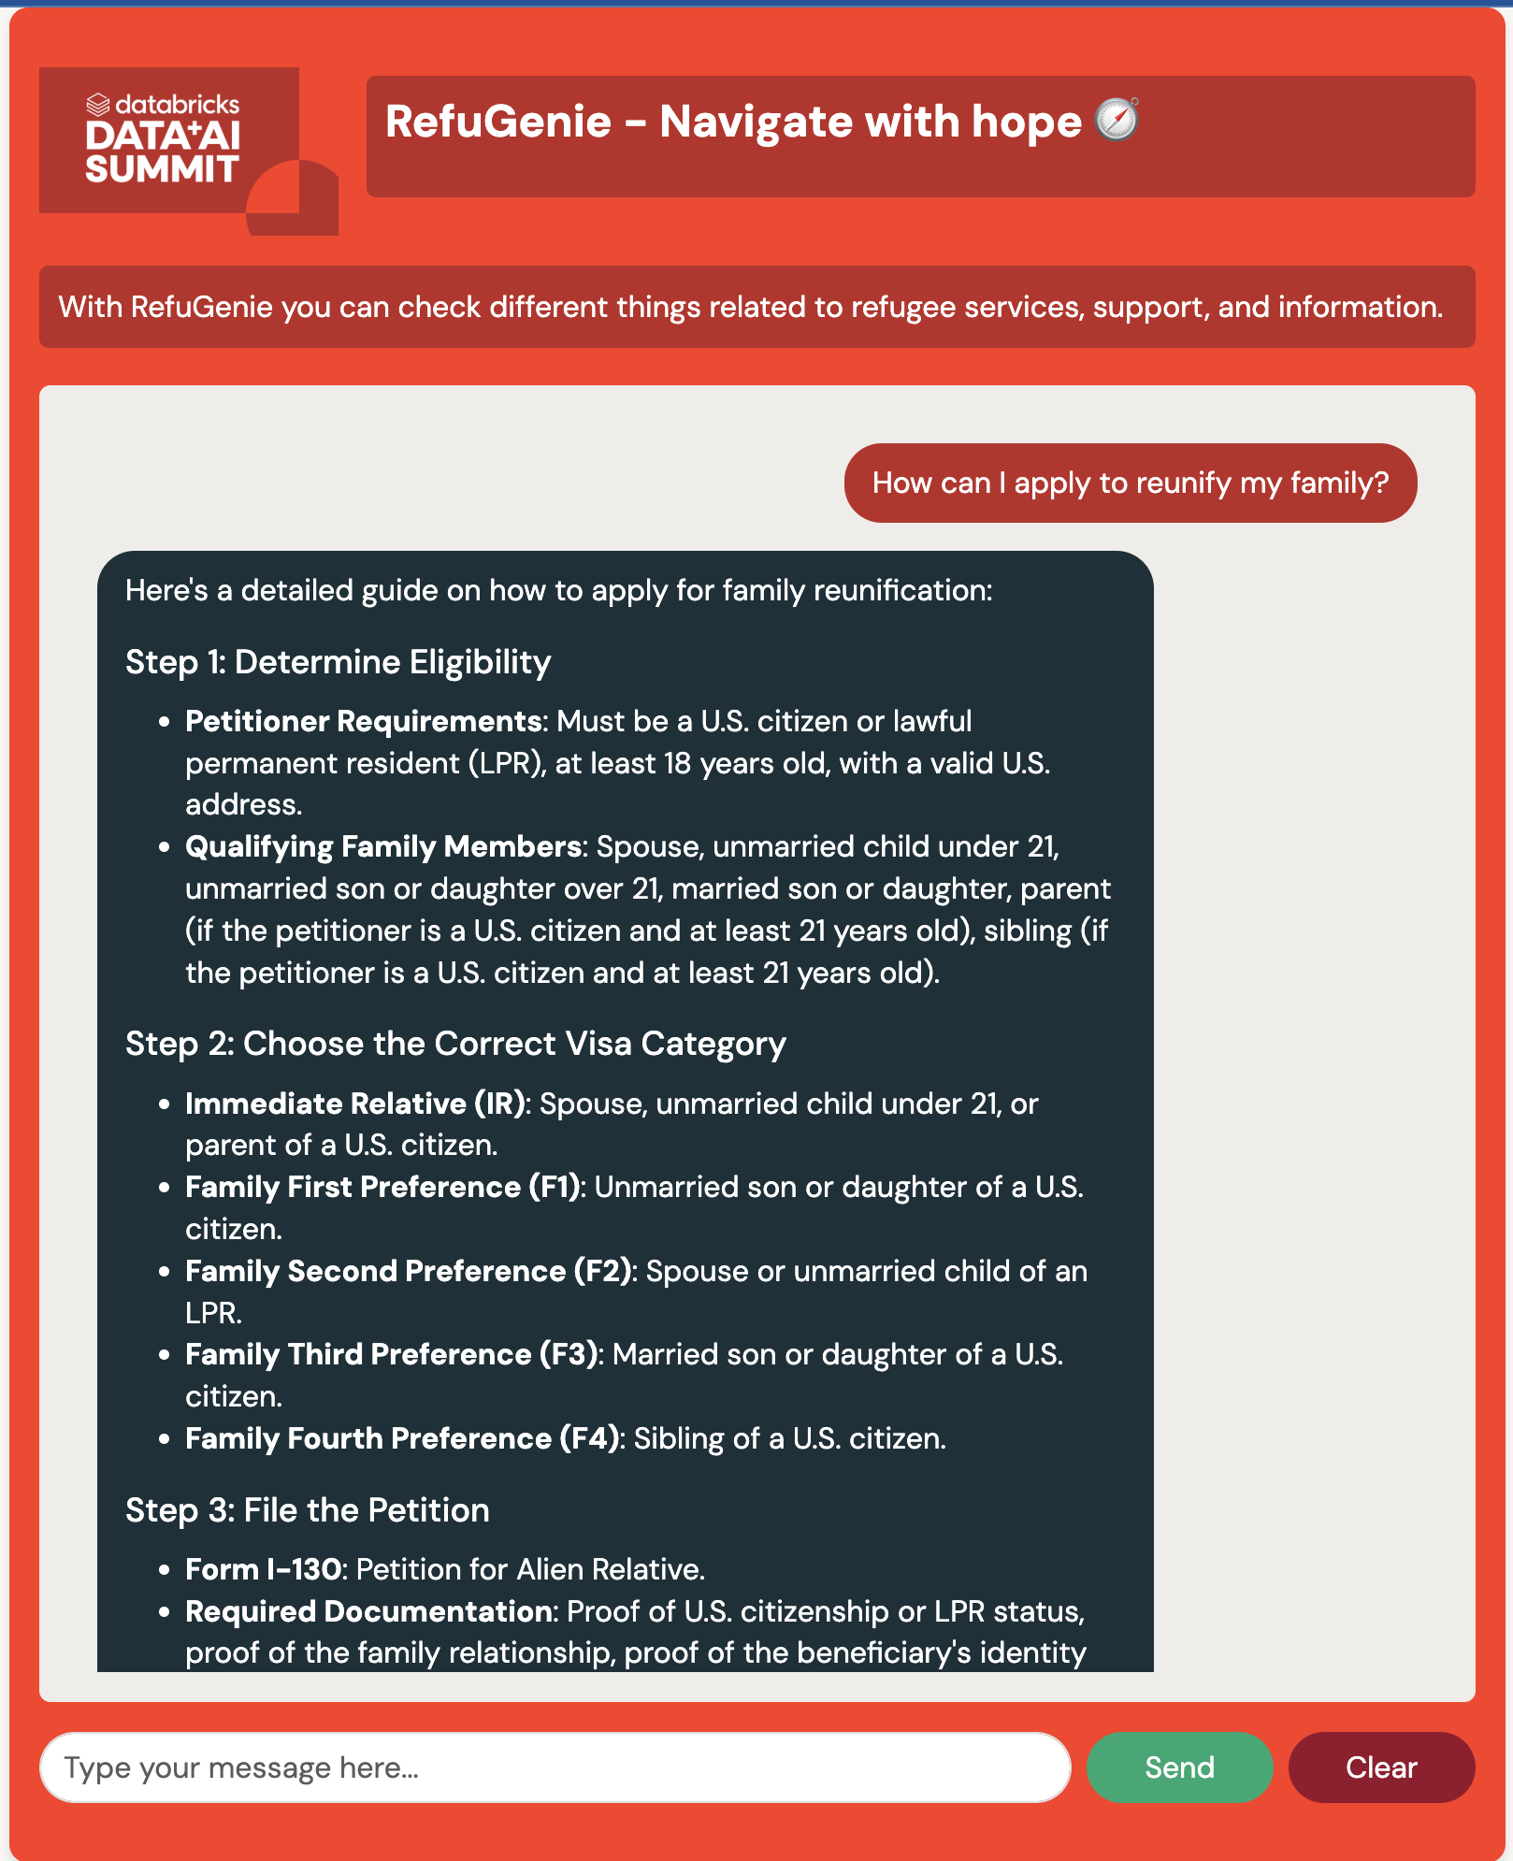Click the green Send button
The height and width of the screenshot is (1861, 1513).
(1178, 1767)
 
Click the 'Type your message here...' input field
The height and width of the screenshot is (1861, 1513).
(555, 1767)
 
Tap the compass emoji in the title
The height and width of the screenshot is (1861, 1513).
(1117, 120)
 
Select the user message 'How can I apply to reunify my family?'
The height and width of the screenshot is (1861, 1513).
(1130, 483)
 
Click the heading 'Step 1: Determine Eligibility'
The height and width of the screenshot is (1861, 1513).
(338, 662)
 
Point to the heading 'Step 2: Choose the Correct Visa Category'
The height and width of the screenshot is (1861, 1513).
(455, 1044)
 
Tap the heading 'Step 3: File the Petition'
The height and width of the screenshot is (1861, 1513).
(307, 1510)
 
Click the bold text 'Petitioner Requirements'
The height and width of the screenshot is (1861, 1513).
(363, 721)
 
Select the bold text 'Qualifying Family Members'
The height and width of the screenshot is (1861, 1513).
(383, 846)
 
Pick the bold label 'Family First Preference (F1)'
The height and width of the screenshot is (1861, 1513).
(384, 1187)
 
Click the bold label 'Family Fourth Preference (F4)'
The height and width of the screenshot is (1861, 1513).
(402, 1438)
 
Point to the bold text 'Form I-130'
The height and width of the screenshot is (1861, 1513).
(263, 1569)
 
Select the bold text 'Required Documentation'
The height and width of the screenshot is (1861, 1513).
(368, 1611)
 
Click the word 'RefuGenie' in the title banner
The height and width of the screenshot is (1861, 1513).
(498, 122)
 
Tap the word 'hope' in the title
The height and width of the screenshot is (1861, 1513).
(1026, 122)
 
